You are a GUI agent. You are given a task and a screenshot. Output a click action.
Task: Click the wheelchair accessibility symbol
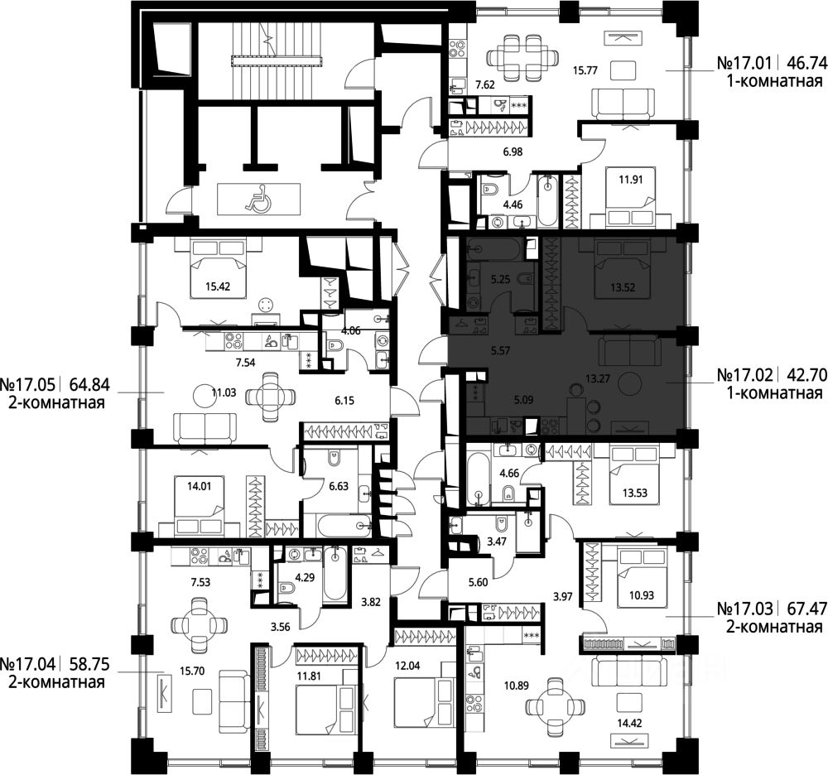[257, 198]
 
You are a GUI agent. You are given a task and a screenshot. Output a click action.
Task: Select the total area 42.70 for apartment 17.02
[806, 375]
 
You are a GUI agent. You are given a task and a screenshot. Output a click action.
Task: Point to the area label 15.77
[585, 70]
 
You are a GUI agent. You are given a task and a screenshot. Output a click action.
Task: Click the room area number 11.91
[630, 180]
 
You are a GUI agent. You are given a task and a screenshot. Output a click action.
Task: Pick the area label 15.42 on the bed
[218, 287]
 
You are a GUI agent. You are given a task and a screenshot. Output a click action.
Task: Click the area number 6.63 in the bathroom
[339, 486]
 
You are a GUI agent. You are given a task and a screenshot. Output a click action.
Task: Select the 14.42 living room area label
[630, 724]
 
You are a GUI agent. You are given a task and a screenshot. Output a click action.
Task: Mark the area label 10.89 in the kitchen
[517, 686]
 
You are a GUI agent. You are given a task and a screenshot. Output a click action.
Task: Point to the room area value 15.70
[192, 672]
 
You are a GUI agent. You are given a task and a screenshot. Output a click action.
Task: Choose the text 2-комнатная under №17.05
[56, 402]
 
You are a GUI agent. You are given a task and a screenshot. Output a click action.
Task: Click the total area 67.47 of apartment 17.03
[806, 609]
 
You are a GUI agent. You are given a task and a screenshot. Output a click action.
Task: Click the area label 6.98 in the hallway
[513, 152]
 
